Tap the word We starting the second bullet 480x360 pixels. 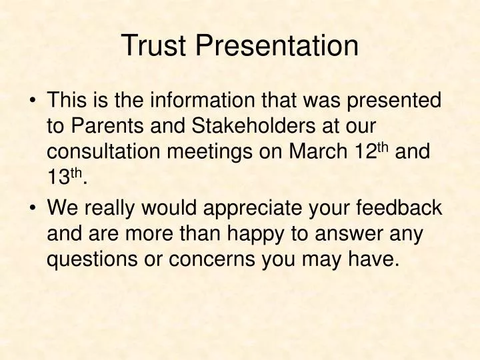click(x=61, y=207)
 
